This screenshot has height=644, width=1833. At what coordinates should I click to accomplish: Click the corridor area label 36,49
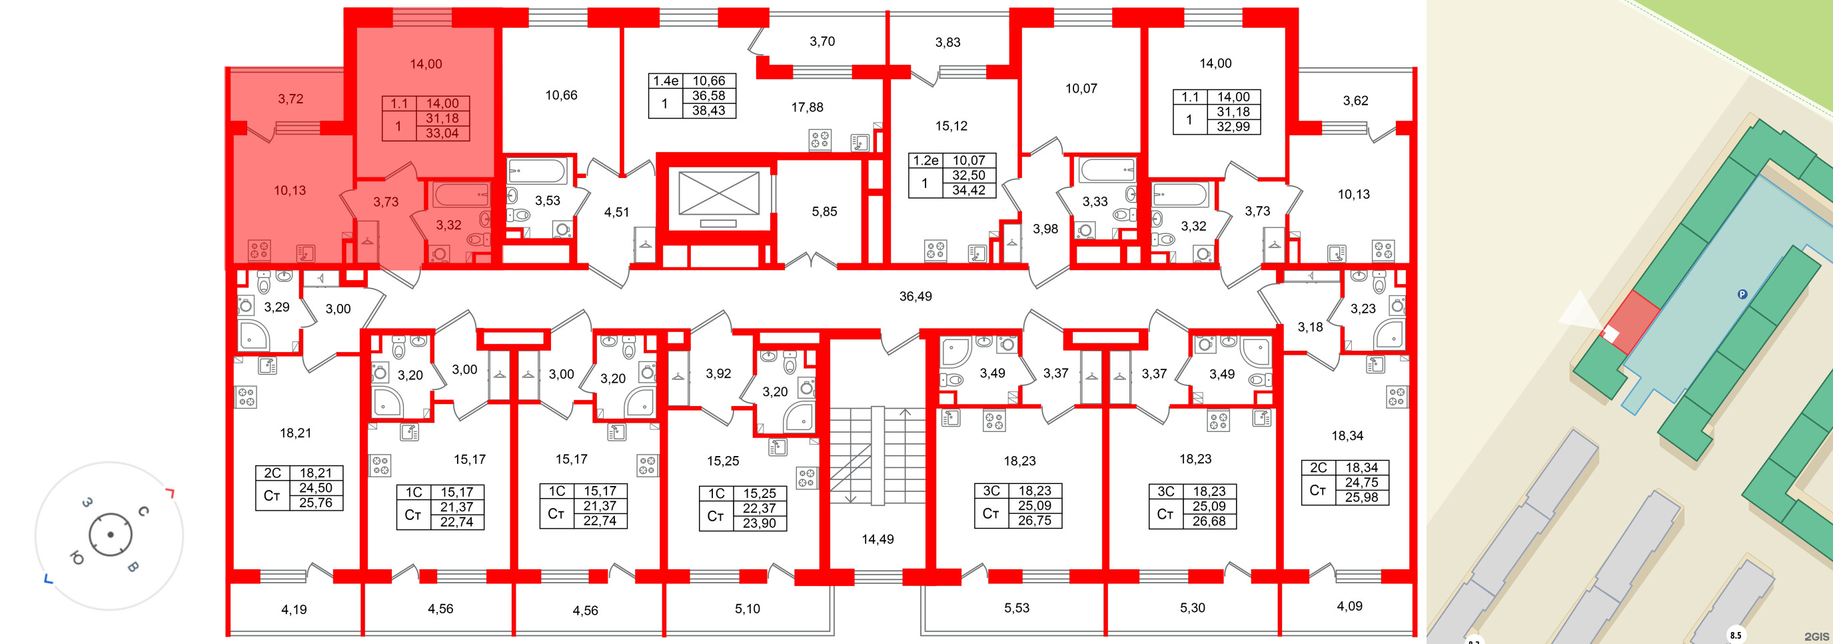pos(915,296)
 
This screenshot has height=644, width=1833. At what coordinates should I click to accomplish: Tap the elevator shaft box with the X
pos(719,193)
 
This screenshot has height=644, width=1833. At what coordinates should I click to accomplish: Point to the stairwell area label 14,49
pos(878,539)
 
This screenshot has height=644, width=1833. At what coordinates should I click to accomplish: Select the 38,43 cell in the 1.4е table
pos(709,110)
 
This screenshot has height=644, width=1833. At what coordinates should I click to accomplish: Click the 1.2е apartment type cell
pos(925,161)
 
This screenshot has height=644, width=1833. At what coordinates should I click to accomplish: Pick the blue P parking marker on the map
pos(1742,295)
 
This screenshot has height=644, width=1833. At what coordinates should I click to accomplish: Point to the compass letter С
pos(143,511)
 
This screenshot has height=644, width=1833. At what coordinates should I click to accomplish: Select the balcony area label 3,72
pos(291,99)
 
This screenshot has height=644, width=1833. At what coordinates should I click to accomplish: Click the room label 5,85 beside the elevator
pos(824,211)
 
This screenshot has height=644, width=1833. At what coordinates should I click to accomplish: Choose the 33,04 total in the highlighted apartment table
pos(442,133)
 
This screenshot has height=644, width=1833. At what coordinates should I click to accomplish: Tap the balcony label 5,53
pos(1016,608)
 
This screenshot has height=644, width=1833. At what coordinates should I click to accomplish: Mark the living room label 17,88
pos(807,107)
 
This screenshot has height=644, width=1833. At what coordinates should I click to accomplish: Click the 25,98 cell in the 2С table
pos(1361,497)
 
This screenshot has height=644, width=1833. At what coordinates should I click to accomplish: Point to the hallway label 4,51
pos(616,212)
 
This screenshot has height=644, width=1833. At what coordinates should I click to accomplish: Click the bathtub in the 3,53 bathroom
pos(536,171)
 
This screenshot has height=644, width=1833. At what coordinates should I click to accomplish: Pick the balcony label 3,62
pos(1355,101)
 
